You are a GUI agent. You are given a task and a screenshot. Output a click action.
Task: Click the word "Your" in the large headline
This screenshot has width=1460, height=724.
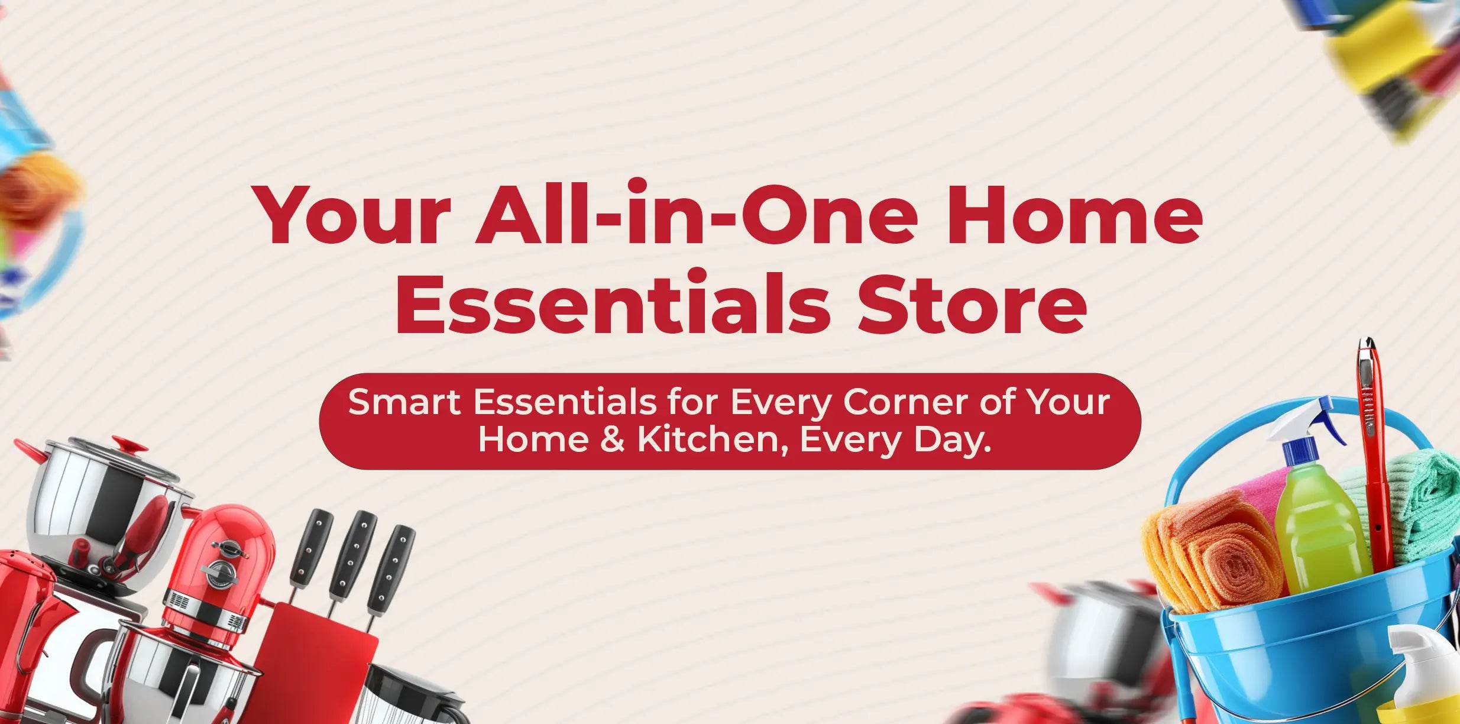coord(352,216)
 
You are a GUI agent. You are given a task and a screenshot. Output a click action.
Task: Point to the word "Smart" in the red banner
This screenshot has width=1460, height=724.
coord(404,402)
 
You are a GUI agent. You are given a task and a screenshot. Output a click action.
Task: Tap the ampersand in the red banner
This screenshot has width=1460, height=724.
coord(613,440)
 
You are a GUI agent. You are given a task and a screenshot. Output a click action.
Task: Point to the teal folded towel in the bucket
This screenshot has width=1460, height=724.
coord(1419,503)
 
